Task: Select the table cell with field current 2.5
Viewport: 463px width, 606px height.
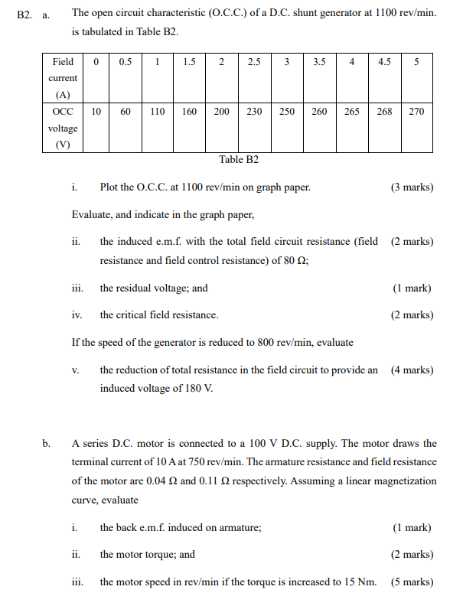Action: [254, 63]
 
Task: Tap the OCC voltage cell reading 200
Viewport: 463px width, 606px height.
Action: [222, 112]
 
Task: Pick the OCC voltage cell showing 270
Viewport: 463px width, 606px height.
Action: [416, 112]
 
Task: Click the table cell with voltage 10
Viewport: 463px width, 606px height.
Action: [96, 112]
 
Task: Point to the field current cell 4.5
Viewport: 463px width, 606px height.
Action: [384, 63]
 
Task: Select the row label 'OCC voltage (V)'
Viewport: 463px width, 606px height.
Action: [63, 128]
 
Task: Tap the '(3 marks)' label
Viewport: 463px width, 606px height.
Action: [412, 187]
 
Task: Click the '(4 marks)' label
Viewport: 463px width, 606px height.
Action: [412, 370]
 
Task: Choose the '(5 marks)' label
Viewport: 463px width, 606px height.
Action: [412, 582]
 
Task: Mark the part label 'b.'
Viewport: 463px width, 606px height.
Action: [47, 443]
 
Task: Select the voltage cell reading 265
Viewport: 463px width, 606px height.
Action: [352, 112]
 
